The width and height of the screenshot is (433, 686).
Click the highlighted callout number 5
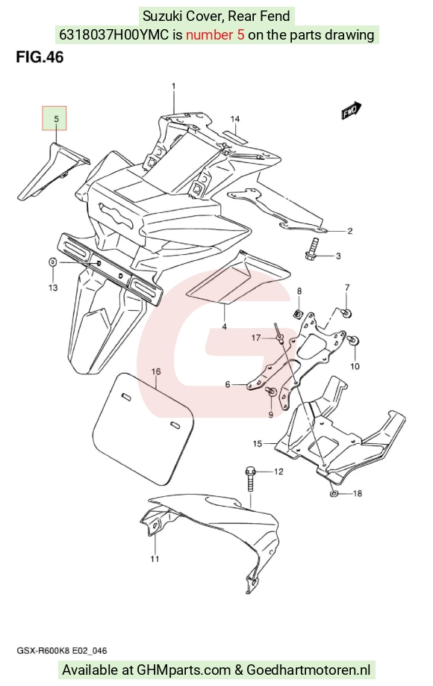[56, 119]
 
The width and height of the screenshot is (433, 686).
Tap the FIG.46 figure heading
[40, 57]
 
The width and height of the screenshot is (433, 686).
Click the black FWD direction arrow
[352, 111]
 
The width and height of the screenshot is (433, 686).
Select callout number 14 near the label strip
[235, 119]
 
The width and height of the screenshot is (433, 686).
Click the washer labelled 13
[52, 262]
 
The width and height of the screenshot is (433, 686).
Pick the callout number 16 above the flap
[156, 371]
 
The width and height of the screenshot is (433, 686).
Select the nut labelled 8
[299, 313]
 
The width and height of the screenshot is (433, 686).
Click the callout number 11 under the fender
[155, 559]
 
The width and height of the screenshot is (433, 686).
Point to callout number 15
[258, 444]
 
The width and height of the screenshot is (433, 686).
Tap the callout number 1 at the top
[173, 86]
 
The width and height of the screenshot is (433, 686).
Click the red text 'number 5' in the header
[215, 34]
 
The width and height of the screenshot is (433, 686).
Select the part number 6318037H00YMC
[113, 34]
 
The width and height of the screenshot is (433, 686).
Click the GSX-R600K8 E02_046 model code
[62, 651]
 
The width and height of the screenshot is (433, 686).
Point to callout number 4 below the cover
[224, 327]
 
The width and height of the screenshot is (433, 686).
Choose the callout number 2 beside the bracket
[350, 231]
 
